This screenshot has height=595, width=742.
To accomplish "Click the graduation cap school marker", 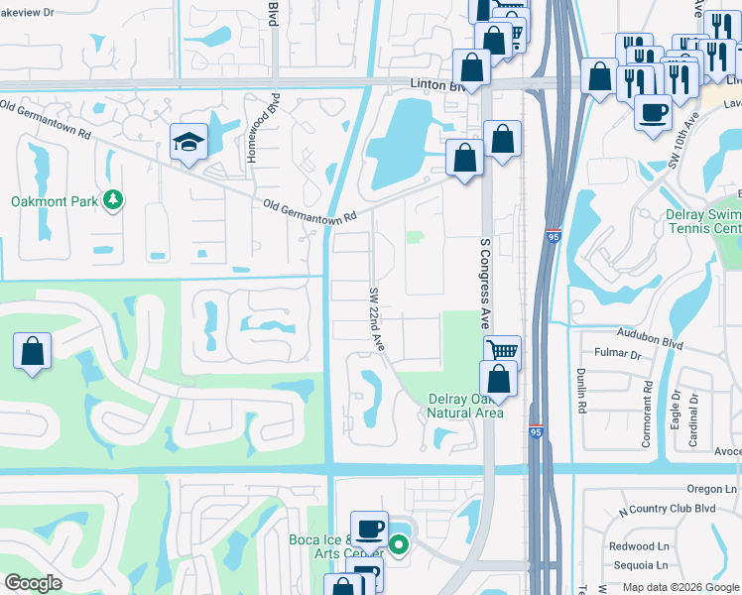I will click(x=188, y=142).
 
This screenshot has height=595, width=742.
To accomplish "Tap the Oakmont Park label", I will click(x=55, y=201).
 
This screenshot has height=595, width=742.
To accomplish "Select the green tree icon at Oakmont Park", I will click(x=114, y=200).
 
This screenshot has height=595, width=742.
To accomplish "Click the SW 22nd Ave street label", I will click(x=377, y=317).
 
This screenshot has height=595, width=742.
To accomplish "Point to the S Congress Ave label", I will click(x=486, y=283).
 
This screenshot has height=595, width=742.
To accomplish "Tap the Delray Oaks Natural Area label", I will click(x=465, y=406).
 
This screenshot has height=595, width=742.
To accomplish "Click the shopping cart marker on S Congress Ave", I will click(x=503, y=350).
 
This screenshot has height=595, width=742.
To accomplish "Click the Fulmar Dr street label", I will click(x=615, y=353).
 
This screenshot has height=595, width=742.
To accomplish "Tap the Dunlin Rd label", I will click(x=582, y=390).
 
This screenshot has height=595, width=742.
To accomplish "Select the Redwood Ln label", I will click(x=639, y=546).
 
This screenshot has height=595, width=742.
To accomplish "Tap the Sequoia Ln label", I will click(x=639, y=565).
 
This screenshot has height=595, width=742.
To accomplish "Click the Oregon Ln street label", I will click(x=713, y=489).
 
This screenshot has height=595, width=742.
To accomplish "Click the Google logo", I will click(x=33, y=583).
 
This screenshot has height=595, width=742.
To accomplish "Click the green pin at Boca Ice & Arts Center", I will click(x=399, y=543).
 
